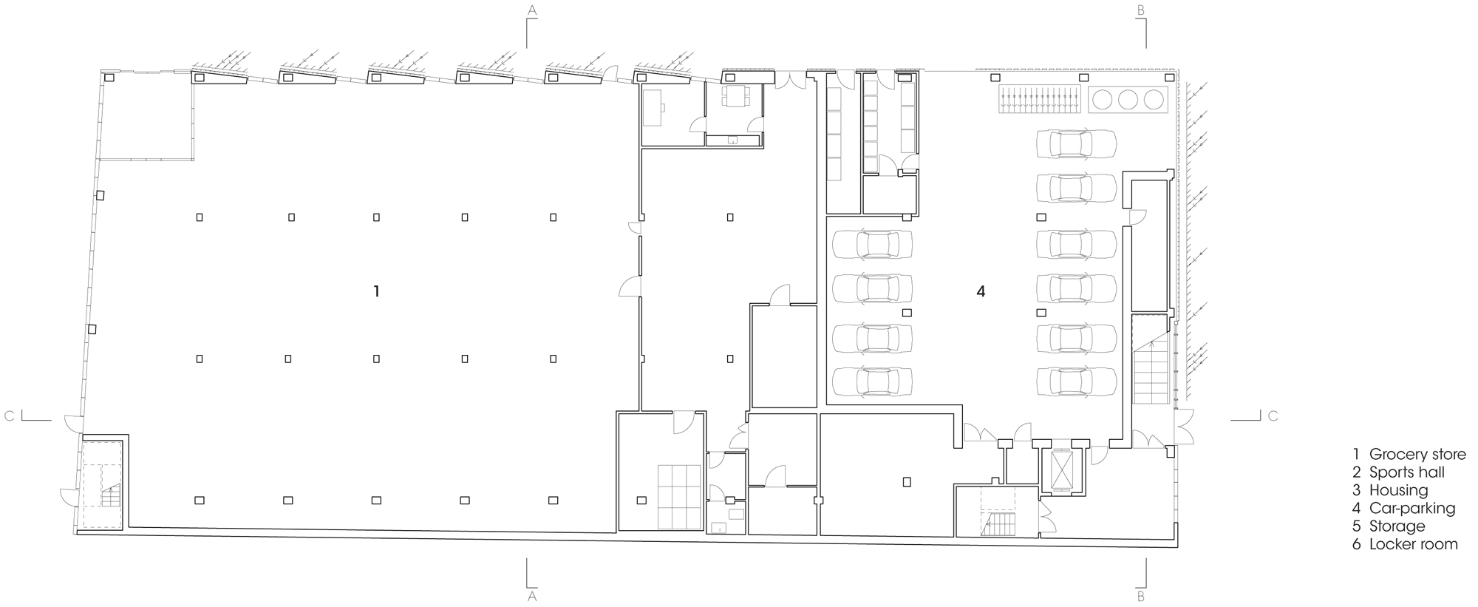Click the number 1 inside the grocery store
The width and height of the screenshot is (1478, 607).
tap(377, 292)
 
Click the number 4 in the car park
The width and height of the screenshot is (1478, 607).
tap(981, 292)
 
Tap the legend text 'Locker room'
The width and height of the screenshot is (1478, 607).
tap(1413, 544)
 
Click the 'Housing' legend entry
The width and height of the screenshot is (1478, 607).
tap(1398, 490)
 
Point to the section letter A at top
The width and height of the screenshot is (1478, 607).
tap(531, 10)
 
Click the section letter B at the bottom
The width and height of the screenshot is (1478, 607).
tap(1140, 596)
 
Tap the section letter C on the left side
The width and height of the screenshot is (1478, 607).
tap(9, 416)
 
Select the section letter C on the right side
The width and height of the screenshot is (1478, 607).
tap(1273, 416)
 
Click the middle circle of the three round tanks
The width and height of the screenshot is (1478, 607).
tap(1127, 100)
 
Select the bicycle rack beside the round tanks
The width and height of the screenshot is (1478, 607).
tap(1039, 100)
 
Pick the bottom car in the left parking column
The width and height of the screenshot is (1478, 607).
tap(872, 382)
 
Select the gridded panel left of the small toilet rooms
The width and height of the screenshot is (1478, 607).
tap(679, 497)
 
